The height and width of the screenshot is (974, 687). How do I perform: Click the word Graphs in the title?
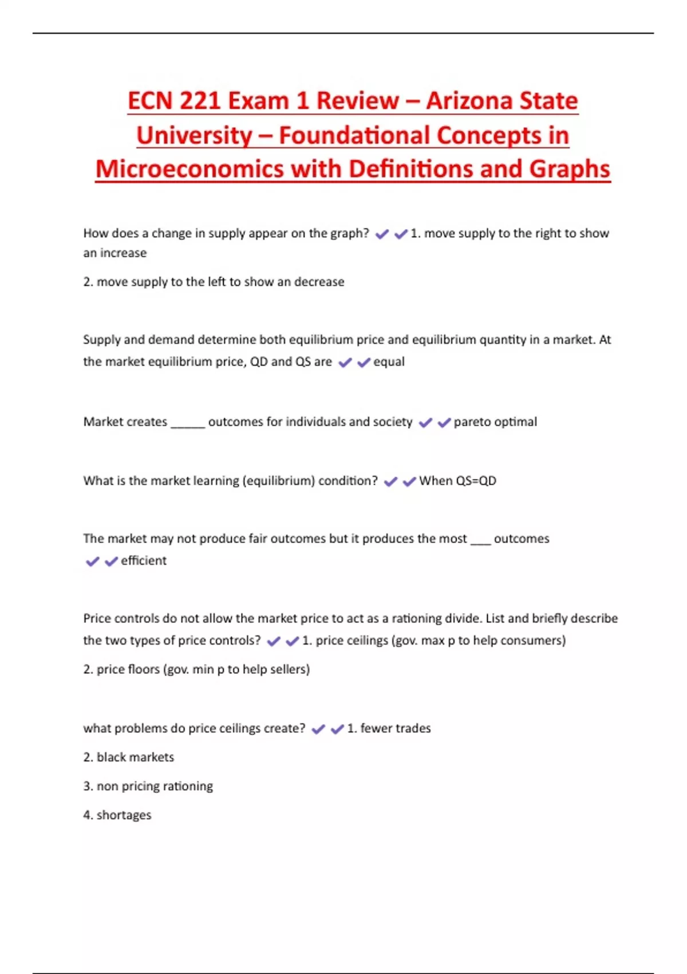pyautogui.click(x=570, y=169)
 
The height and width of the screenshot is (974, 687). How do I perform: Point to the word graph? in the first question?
pyautogui.click(x=349, y=233)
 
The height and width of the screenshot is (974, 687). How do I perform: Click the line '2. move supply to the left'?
pyautogui.click(x=214, y=282)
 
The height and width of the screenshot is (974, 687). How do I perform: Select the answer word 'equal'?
pyautogui.click(x=389, y=362)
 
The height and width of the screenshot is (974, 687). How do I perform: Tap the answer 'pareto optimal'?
pyautogui.click(x=495, y=422)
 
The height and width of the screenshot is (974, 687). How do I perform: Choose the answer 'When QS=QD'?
pyautogui.click(x=457, y=481)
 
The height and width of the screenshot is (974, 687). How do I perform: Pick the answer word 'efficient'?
pyautogui.click(x=144, y=560)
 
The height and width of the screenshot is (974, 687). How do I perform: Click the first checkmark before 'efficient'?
pyautogui.click(x=92, y=561)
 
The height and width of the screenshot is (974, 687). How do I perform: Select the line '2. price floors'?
pyautogui.click(x=196, y=669)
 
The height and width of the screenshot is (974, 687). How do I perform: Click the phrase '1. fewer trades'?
pyautogui.click(x=389, y=728)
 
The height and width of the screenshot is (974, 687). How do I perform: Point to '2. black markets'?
pyautogui.click(x=128, y=757)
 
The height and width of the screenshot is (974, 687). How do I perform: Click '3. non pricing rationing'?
pyautogui.click(x=148, y=786)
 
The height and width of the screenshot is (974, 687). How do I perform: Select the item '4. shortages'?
pyautogui.click(x=117, y=815)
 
